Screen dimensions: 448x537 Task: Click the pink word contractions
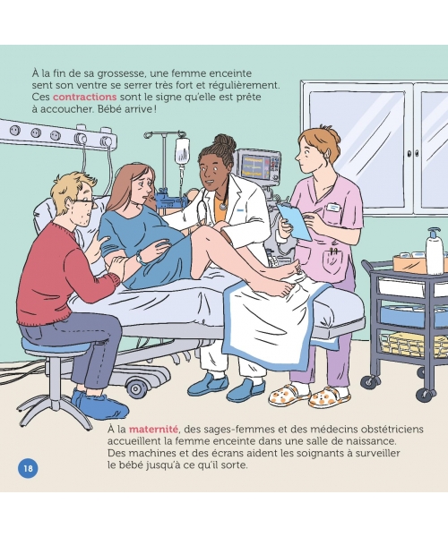pos(84,97)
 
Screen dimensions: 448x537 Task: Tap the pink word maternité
pos(153,429)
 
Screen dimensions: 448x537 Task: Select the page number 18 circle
pos(28,468)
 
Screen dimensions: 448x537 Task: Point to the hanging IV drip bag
pos(182,151)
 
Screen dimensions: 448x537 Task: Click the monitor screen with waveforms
pos(255,166)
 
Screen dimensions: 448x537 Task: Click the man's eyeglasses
pos(86,202)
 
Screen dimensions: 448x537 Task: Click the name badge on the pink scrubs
pos(333,208)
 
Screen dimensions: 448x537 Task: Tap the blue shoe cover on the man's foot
pos(100,405)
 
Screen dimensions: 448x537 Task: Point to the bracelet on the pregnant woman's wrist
pos(140,258)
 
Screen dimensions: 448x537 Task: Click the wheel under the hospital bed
pos(136,389)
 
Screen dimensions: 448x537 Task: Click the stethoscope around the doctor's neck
pos(212,206)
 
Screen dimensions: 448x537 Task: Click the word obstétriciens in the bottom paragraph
pos(388,429)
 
